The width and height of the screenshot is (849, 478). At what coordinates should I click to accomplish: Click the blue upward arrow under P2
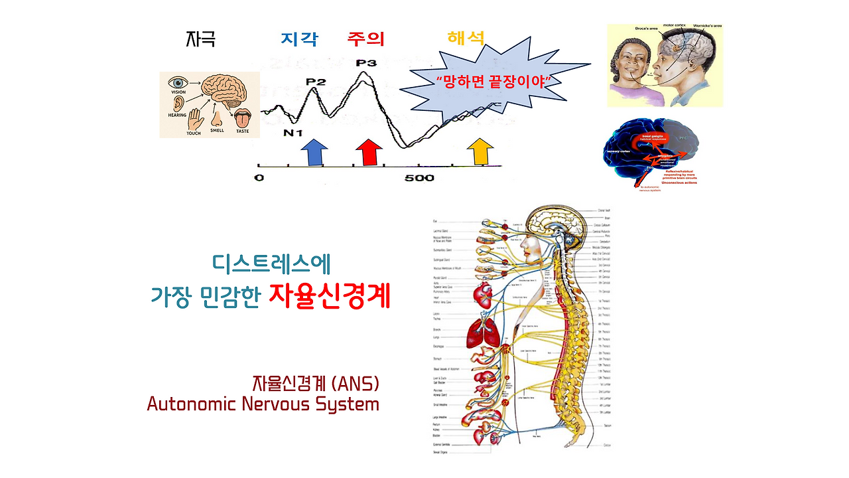point(314,153)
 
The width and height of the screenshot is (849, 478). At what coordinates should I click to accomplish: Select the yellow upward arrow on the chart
point(480,153)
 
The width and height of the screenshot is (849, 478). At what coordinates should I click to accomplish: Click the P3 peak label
point(366,63)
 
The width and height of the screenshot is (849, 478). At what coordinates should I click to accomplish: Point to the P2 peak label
point(316,82)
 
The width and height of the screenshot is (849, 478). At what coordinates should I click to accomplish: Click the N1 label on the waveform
point(293,133)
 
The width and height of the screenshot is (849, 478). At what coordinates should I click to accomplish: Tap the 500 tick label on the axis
point(419,178)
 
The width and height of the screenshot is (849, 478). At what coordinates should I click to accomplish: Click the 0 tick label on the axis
point(259,178)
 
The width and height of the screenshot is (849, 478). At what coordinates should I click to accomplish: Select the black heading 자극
point(200,39)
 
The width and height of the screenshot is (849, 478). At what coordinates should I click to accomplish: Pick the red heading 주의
point(365,39)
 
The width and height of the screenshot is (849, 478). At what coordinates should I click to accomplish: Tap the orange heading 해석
point(466,38)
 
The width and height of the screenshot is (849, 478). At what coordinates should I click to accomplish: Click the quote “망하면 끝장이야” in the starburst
point(490,81)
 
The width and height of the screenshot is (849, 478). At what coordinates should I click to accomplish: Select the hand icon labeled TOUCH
point(194,119)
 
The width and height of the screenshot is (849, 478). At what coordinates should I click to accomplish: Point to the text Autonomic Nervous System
point(263,404)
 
